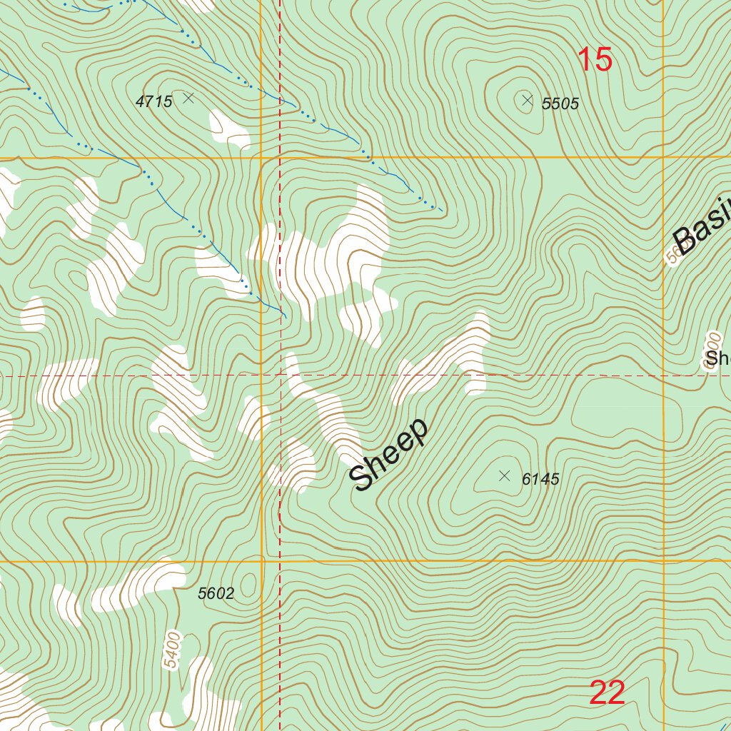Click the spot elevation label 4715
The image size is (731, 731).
pos(154,101)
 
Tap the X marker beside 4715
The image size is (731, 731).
pos(188,97)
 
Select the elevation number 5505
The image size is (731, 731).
pos(560,104)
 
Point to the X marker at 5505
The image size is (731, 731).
pos(528,101)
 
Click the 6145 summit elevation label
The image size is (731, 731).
pos(540,480)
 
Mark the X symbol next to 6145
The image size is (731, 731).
pos(505,475)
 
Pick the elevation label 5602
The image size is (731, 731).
pos(216,593)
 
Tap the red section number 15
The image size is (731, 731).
pos(594,60)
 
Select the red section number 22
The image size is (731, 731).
pos(608,692)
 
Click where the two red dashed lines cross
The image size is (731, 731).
pos(280,373)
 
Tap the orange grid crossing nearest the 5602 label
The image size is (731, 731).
pos(262,561)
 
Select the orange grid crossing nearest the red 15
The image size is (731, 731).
pos(664,156)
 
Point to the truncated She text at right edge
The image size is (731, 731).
pos(717,358)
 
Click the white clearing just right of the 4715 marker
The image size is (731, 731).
pos(228,128)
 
